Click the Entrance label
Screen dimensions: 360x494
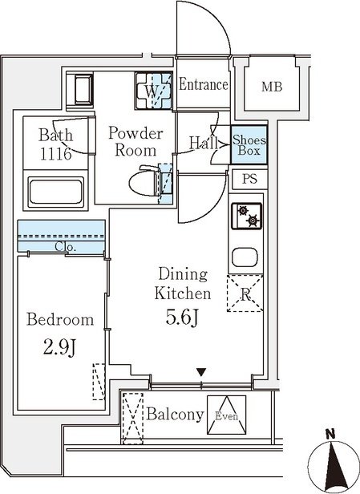point(204,85)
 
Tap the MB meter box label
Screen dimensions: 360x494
point(272,87)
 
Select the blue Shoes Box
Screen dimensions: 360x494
point(249,144)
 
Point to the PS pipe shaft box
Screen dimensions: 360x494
point(250,180)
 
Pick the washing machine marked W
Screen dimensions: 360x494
point(153,91)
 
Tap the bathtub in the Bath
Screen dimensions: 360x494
point(56,192)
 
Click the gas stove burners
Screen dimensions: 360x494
point(247,216)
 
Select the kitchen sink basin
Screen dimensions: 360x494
point(245,257)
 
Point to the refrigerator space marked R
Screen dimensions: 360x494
point(245,294)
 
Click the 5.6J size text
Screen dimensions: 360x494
point(182,318)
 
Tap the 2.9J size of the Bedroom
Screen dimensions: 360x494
point(59,348)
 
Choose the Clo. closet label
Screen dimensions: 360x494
point(66,246)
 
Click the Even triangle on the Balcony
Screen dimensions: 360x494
point(226,415)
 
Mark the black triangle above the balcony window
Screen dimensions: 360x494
point(201,372)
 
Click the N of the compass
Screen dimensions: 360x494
point(330,435)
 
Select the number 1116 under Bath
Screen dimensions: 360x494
point(55,154)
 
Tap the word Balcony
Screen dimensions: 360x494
point(175,414)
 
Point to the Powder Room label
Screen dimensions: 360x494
point(136,142)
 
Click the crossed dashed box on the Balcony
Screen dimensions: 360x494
point(132,419)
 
